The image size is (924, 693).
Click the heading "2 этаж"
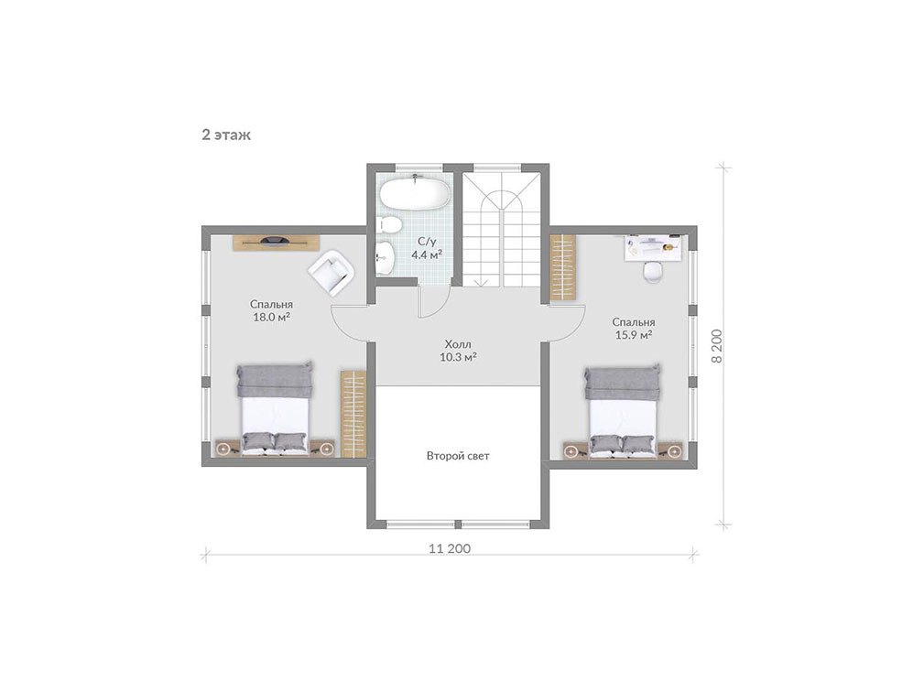click(x=226, y=135)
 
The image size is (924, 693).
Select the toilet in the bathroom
click(x=389, y=224)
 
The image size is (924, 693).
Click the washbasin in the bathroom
click(x=385, y=257)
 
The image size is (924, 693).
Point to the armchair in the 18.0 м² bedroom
click(x=332, y=272)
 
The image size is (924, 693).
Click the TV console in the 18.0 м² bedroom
click(x=276, y=243)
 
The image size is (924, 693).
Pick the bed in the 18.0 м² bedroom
click(x=275, y=409)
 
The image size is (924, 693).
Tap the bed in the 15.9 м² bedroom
click(x=623, y=411)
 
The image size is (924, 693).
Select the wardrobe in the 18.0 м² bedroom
click(x=353, y=414)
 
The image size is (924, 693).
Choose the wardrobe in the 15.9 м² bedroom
click(x=563, y=267)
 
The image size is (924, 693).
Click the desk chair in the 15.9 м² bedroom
click(x=652, y=272)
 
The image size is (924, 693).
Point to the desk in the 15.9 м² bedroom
click(x=654, y=246)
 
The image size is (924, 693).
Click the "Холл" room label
click(x=458, y=344)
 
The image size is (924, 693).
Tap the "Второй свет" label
click(x=458, y=456)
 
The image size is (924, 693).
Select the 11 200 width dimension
click(x=451, y=548)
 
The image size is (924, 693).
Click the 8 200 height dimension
click(x=716, y=346)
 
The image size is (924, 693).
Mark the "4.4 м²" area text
click(x=427, y=255)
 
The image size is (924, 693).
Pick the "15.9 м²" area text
click(x=634, y=335)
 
